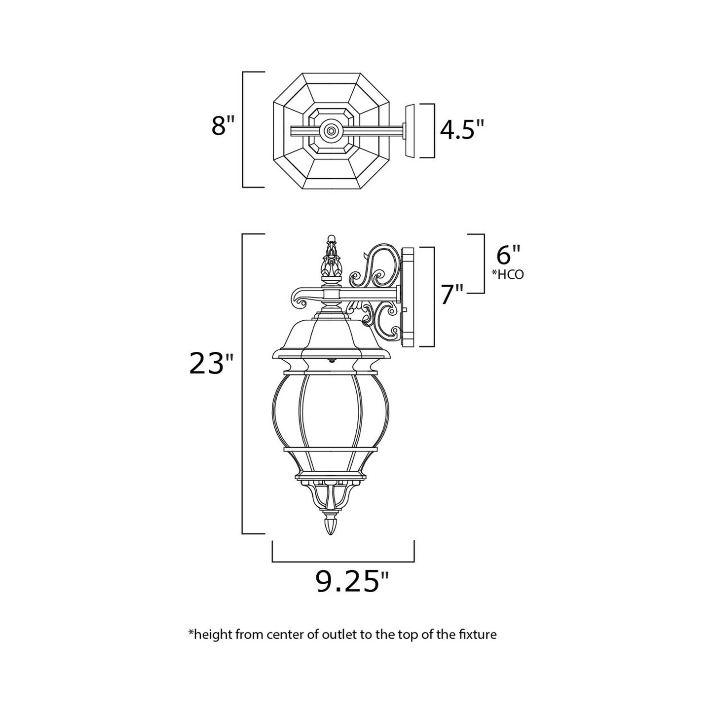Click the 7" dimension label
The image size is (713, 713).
click(452, 295)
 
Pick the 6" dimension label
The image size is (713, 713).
click(508, 256)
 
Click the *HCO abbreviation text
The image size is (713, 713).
click(508, 275)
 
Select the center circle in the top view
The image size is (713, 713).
click(331, 130)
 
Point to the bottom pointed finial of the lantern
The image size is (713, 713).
click(331, 525)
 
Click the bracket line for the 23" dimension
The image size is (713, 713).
click(242, 385)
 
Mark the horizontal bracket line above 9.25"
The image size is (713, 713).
click(343, 562)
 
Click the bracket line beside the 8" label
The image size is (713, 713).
click(243, 129)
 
